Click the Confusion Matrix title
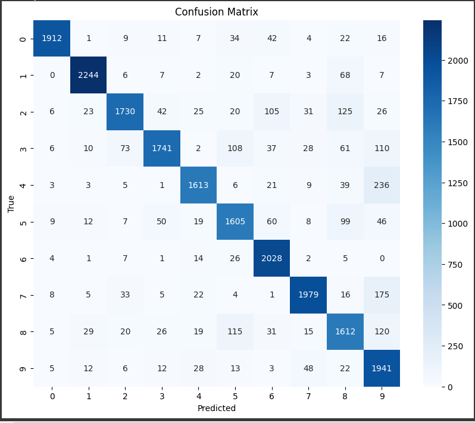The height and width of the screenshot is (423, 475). pyautogui.click(x=216, y=12)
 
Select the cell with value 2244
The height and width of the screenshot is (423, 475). pyautogui.click(x=89, y=76)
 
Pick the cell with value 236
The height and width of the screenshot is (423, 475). pyautogui.click(x=382, y=185)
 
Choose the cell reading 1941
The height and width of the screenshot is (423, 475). pyautogui.click(x=382, y=368)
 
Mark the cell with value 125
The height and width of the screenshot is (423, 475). pyautogui.click(x=345, y=112)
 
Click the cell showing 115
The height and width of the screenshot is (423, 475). pyautogui.click(x=235, y=331)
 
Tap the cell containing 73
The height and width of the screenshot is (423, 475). pyautogui.click(x=125, y=148)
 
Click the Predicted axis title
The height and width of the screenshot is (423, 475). pyautogui.click(x=217, y=409)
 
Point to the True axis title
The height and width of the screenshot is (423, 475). pyautogui.click(x=11, y=203)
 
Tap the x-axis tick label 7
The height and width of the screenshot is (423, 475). pyautogui.click(x=308, y=395)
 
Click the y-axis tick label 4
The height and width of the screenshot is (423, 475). pyautogui.click(x=22, y=185)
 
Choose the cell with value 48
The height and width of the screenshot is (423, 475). pyautogui.click(x=308, y=368)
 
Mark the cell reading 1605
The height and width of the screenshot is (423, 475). pyautogui.click(x=235, y=221)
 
